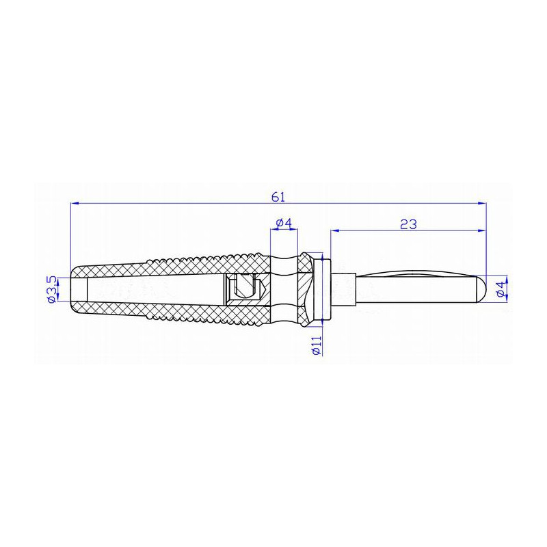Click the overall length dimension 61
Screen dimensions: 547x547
[x=278, y=196]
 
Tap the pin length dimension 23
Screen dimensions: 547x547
[x=409, y=224]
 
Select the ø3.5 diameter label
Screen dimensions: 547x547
[x=51, y=290]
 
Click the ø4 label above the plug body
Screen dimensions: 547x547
[x=284, y=224]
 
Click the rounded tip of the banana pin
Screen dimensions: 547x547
[x=481, y=289]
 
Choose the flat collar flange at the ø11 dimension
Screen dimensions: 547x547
[x=325, y=289]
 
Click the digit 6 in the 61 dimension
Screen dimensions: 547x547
[x=275, y=196]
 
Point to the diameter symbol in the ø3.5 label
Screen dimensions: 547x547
[x=51, y=299]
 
